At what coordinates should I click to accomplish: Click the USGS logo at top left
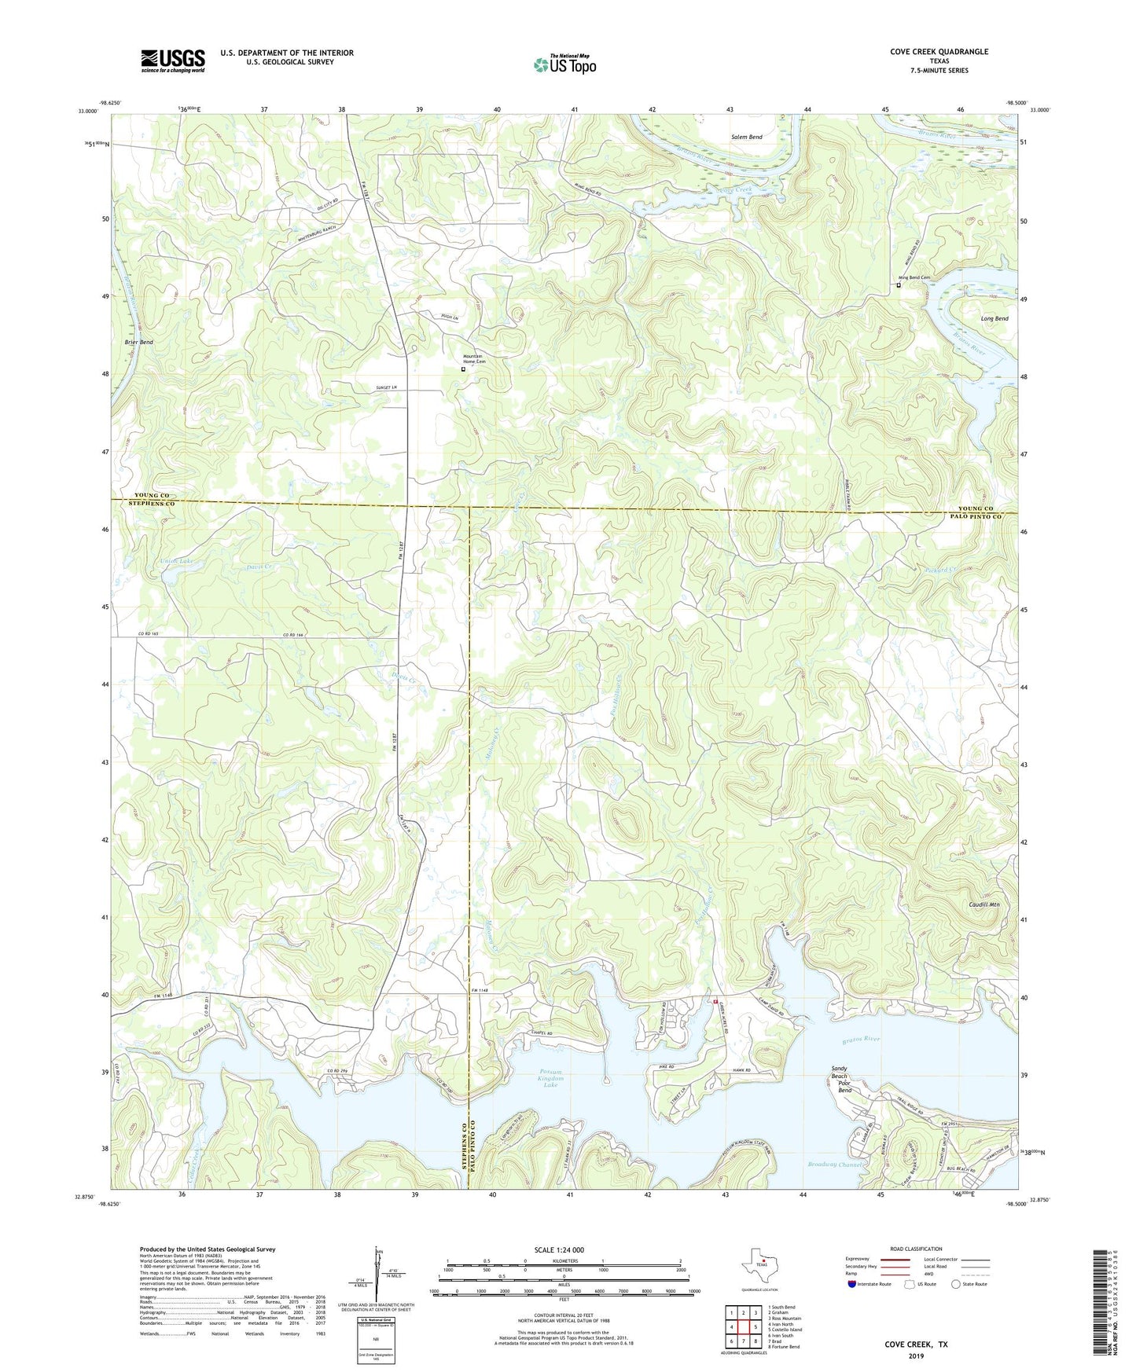pos(173,61)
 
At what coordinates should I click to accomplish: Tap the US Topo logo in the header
pos(564,64)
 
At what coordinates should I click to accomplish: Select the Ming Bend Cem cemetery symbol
pos(899,285)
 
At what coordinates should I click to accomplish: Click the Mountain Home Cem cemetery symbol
pos(463,369)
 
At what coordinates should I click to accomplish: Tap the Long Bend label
pos(994,319)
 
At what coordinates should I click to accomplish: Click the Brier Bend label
pos(138,343)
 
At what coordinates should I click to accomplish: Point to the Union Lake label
pos(176,560)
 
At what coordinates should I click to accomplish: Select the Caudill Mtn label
pos(983,904)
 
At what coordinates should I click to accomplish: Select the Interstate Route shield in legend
pos(853,1284)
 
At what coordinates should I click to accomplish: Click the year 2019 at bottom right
pos(916,1355)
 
